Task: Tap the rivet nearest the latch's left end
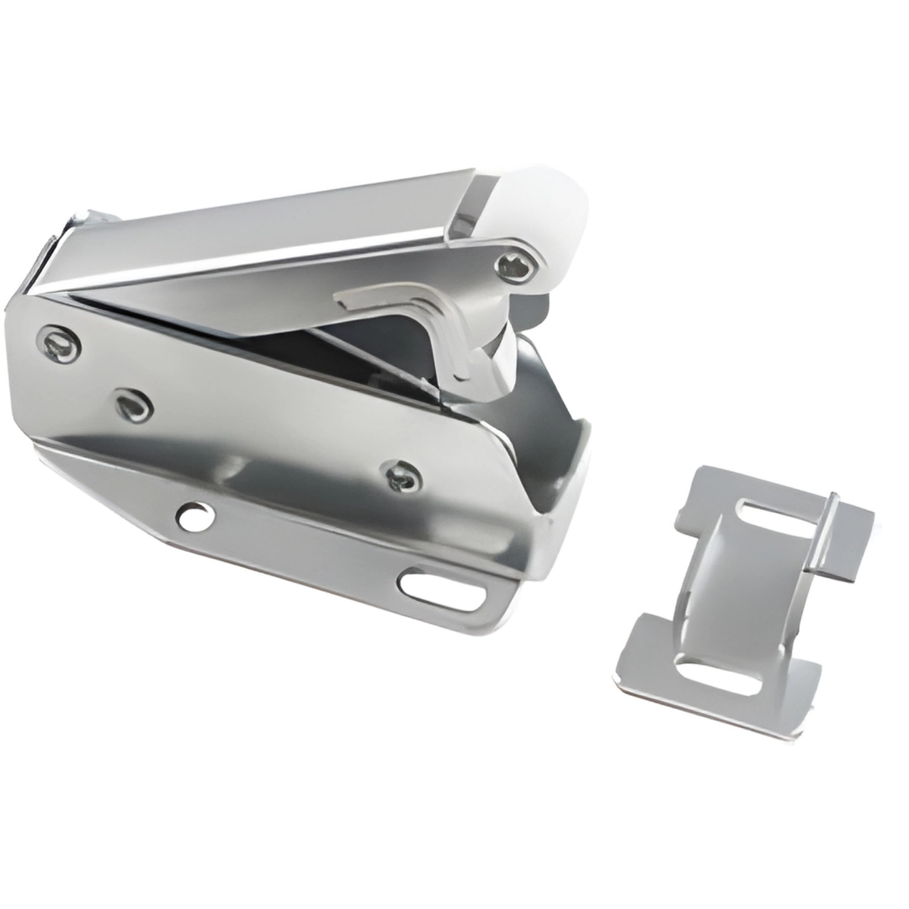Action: pos(60,343)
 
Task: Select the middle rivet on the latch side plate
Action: pos(135,406)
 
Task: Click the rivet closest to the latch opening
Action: pos(402,476)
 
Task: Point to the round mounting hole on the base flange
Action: pos(194,516)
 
